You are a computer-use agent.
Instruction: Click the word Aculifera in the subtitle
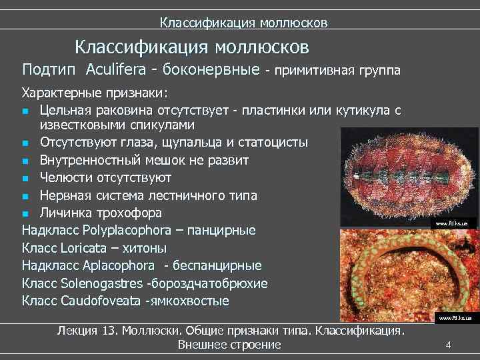point(121,70)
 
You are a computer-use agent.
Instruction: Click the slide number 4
point(449,345)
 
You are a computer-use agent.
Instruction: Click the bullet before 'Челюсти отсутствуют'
point(25,179)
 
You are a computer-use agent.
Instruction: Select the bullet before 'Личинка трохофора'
point(25,213)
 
